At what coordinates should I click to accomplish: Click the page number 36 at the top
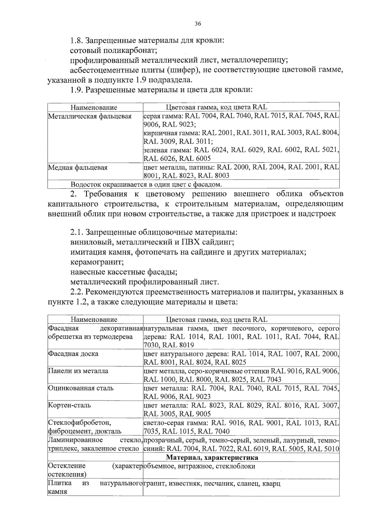(198, 24)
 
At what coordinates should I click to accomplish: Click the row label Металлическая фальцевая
(90, 116)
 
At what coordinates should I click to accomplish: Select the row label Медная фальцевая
(78, 168)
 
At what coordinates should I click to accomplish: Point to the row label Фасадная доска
(73, 354)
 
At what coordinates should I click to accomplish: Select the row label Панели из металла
(78, 371)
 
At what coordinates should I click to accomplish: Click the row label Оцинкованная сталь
(81, 388)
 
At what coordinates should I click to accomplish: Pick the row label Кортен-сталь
(69, 405)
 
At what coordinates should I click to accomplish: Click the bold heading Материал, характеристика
(212, 458)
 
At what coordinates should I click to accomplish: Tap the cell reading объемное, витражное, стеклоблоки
(199, 466)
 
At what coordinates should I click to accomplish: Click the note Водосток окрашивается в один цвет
(146, 185)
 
